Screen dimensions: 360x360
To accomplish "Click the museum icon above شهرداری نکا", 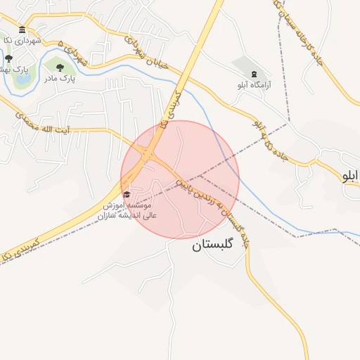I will pyautogui.click(x=22, y=30).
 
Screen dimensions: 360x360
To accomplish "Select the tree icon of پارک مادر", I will pyautogui.click(x=59, y=67).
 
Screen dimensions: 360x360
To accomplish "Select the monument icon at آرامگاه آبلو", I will pyautogui.click(x=253, y=73).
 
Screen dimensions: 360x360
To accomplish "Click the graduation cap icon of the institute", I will pyautogui.click(x=127, y=194).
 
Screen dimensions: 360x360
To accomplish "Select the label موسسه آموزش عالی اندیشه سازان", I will pyautogui.click(x=130, y=209).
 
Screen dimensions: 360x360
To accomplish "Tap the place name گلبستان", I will pyautogui.click(x=216, y=247).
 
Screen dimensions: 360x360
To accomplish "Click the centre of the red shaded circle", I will pyautogui.click(x=180, y=179).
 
